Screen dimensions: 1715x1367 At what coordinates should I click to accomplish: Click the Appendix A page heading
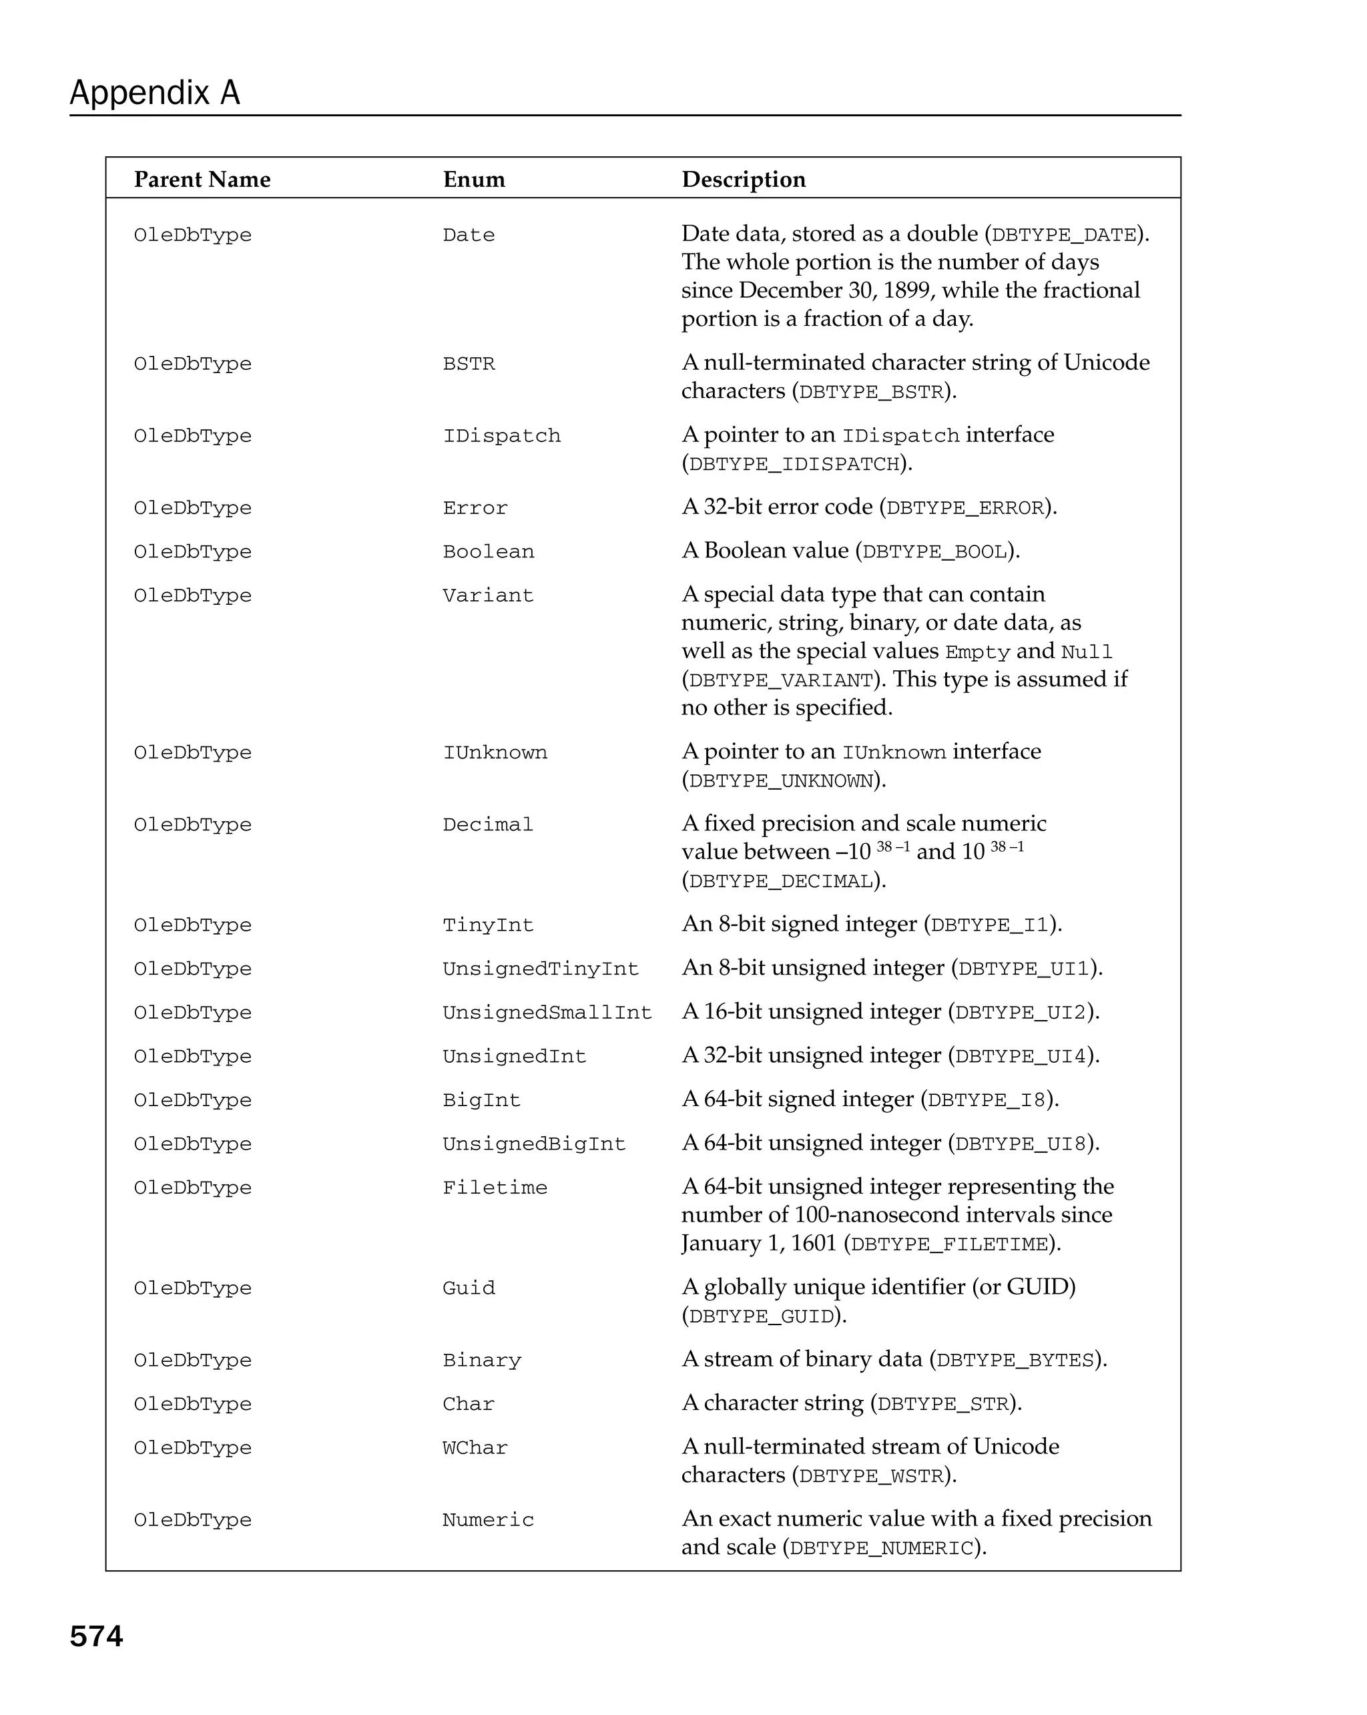tap(154, 93)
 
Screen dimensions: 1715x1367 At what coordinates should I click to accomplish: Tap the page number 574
tap(96, 1636)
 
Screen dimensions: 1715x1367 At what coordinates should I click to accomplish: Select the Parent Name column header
tap(202, 180)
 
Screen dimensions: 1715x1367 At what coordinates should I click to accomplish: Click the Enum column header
tap(474, 180)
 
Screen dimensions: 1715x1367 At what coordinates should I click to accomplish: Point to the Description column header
tap(744, 180)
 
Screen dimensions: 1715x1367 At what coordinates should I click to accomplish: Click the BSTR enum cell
tap(469, 364)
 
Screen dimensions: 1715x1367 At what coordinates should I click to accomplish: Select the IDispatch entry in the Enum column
tap(502, 437)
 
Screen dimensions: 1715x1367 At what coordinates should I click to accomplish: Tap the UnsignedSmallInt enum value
tap(547, 1013)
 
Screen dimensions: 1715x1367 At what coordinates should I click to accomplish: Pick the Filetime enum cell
tap(495, 1188)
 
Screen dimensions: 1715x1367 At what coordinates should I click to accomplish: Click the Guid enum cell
tap(469, 1288)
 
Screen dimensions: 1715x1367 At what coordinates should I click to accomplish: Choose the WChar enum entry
tap(475, 1448)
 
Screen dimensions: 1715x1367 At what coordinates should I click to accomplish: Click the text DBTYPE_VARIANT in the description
tap(781, 681)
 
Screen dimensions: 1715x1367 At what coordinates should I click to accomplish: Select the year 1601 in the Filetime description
tap(813, 1243)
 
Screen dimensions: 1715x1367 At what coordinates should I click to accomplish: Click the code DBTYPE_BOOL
tap(935, 552)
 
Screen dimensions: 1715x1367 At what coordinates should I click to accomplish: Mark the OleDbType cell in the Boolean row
tap(192, 552)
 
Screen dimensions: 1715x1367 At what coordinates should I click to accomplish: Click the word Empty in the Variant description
tap(977, 652)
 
